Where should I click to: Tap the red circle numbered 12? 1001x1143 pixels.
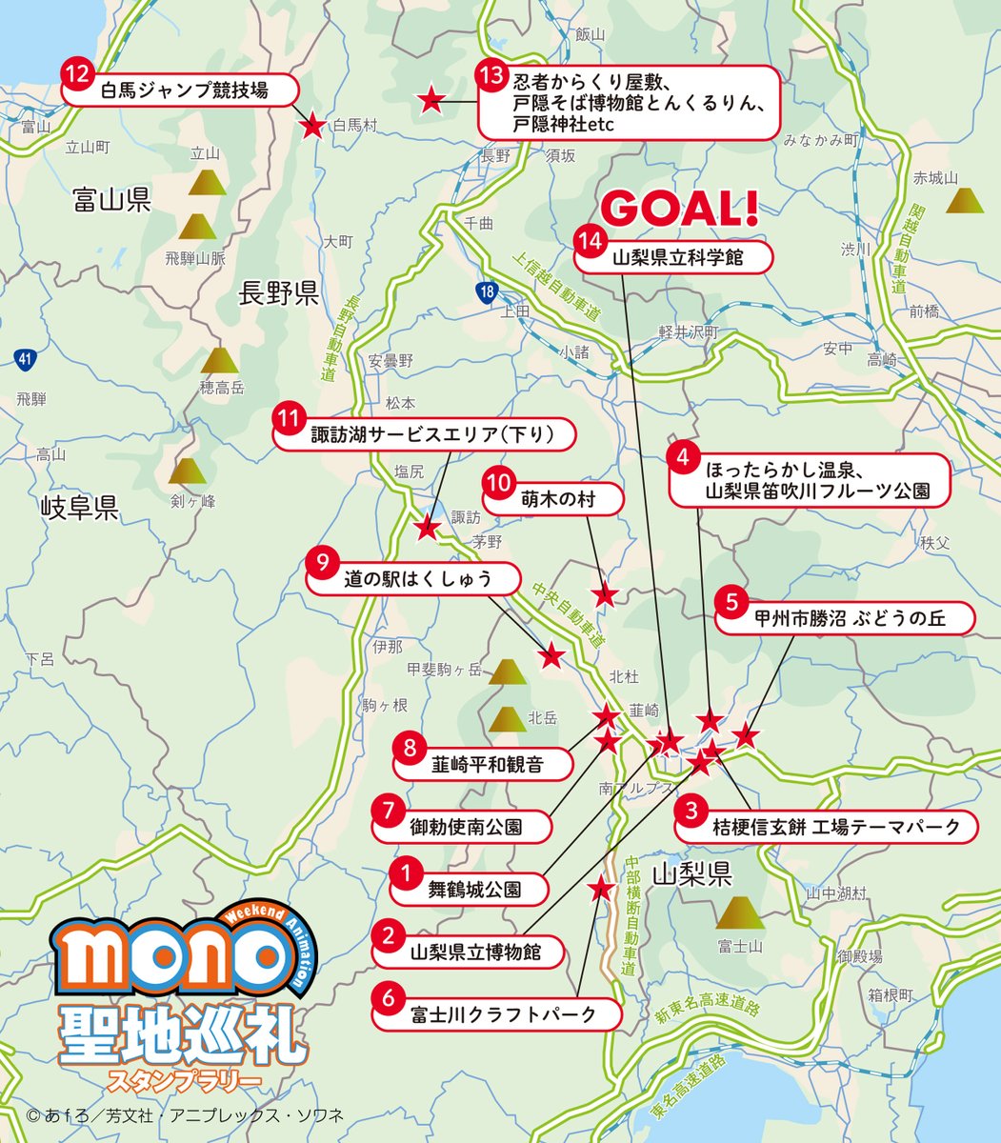click(76, 73)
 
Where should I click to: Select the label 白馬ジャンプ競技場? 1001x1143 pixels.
click(184, 91)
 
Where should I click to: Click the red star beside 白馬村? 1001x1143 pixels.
click(311, 126)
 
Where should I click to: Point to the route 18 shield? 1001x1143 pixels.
click(488, 290)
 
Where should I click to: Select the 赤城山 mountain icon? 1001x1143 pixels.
click(967, 200)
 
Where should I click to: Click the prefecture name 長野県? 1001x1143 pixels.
click(279, 294)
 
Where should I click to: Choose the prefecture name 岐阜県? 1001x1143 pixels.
click(79, 507)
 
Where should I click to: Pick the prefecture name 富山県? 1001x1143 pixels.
click(111, 199)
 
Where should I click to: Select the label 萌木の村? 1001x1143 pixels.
click(557, 497)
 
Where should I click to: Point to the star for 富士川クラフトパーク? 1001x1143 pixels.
click(600, 889)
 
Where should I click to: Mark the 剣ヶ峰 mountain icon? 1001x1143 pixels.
click(188, 471)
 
